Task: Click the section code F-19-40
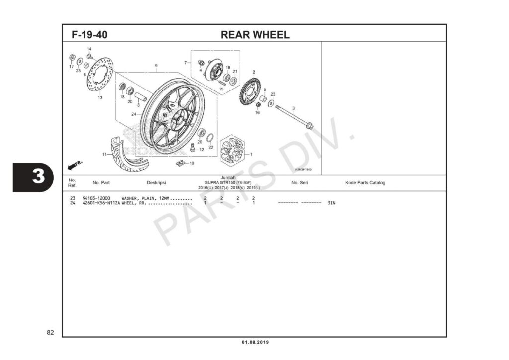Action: (x=89, y=35)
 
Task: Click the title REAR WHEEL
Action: (x=254, y=35)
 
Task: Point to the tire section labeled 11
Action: (x=124, y=157)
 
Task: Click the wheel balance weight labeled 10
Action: (x=181, y=163)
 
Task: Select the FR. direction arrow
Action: (x=74, y=164)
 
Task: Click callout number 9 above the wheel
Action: (x=156, y=66)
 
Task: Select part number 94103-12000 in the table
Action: (x=96, y=198)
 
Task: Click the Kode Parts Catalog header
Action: (x=365, y=183)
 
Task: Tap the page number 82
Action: (x=50, y=332)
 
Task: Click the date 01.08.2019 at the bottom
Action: (x=255, y=342)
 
